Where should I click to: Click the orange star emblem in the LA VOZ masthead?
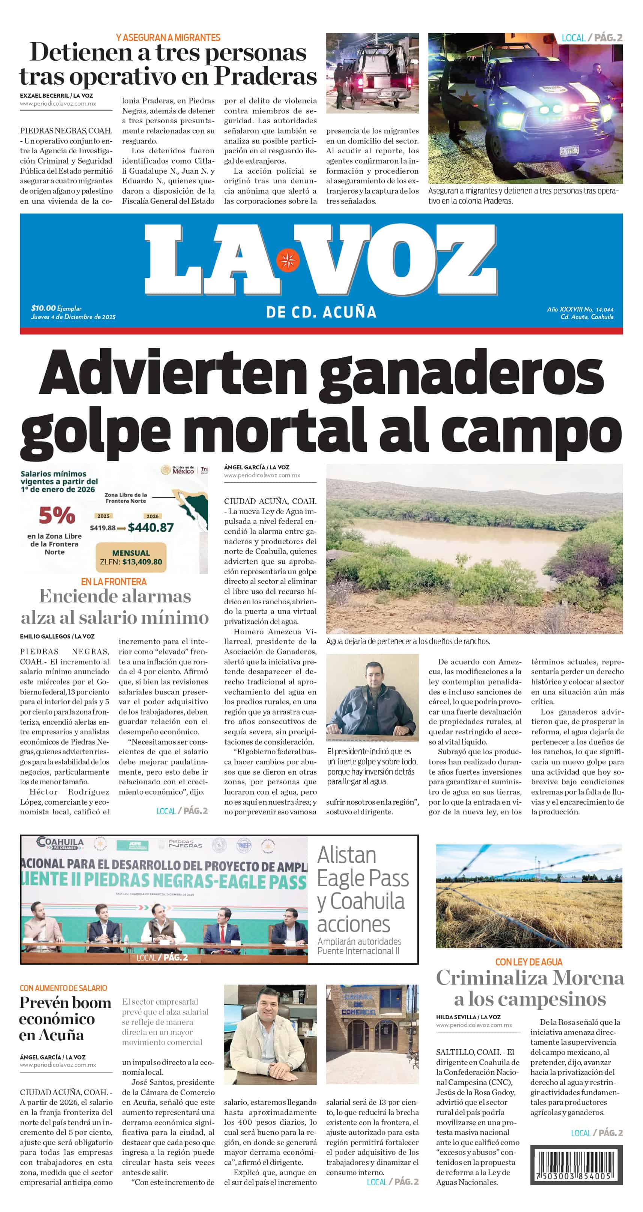pos(288,260)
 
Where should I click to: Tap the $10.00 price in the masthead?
pos(43,308)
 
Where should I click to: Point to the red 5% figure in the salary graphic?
pos(57,515)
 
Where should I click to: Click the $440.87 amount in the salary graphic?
pos(151,527)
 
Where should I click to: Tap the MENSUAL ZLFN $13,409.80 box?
pos(131,557)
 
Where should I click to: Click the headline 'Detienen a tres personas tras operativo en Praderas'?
pos(168,64)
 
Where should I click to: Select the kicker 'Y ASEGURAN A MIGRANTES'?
pos(168,38)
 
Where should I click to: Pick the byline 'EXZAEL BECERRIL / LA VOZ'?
pos(56,95)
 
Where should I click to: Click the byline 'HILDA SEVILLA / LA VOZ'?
pos(468,1017)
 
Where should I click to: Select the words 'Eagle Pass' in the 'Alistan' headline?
pos(363,878)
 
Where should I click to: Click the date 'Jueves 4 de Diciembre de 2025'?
pos(73,317)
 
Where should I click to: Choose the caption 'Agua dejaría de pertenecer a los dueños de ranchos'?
pos(408,641)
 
